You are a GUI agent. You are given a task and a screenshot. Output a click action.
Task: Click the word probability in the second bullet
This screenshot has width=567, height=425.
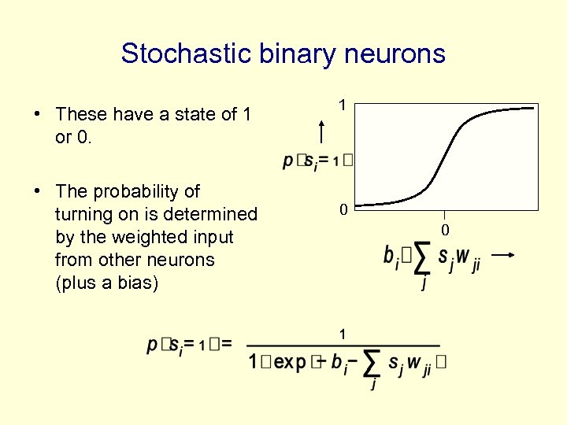pyautogui.click(x=147, y=191)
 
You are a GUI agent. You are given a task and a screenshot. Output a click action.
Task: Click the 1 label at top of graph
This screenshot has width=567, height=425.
pyautogui.click(x=342, y=104)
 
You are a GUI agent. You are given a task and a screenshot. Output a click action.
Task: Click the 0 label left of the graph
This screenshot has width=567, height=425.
pyautogui.click(x=342, y=210)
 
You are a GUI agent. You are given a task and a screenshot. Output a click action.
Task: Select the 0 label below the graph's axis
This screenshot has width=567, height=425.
pyautogui.click(x=444, y=230)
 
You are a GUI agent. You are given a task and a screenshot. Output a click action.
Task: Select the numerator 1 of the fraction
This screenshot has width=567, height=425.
pyautogui.click(x=342, y=334)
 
